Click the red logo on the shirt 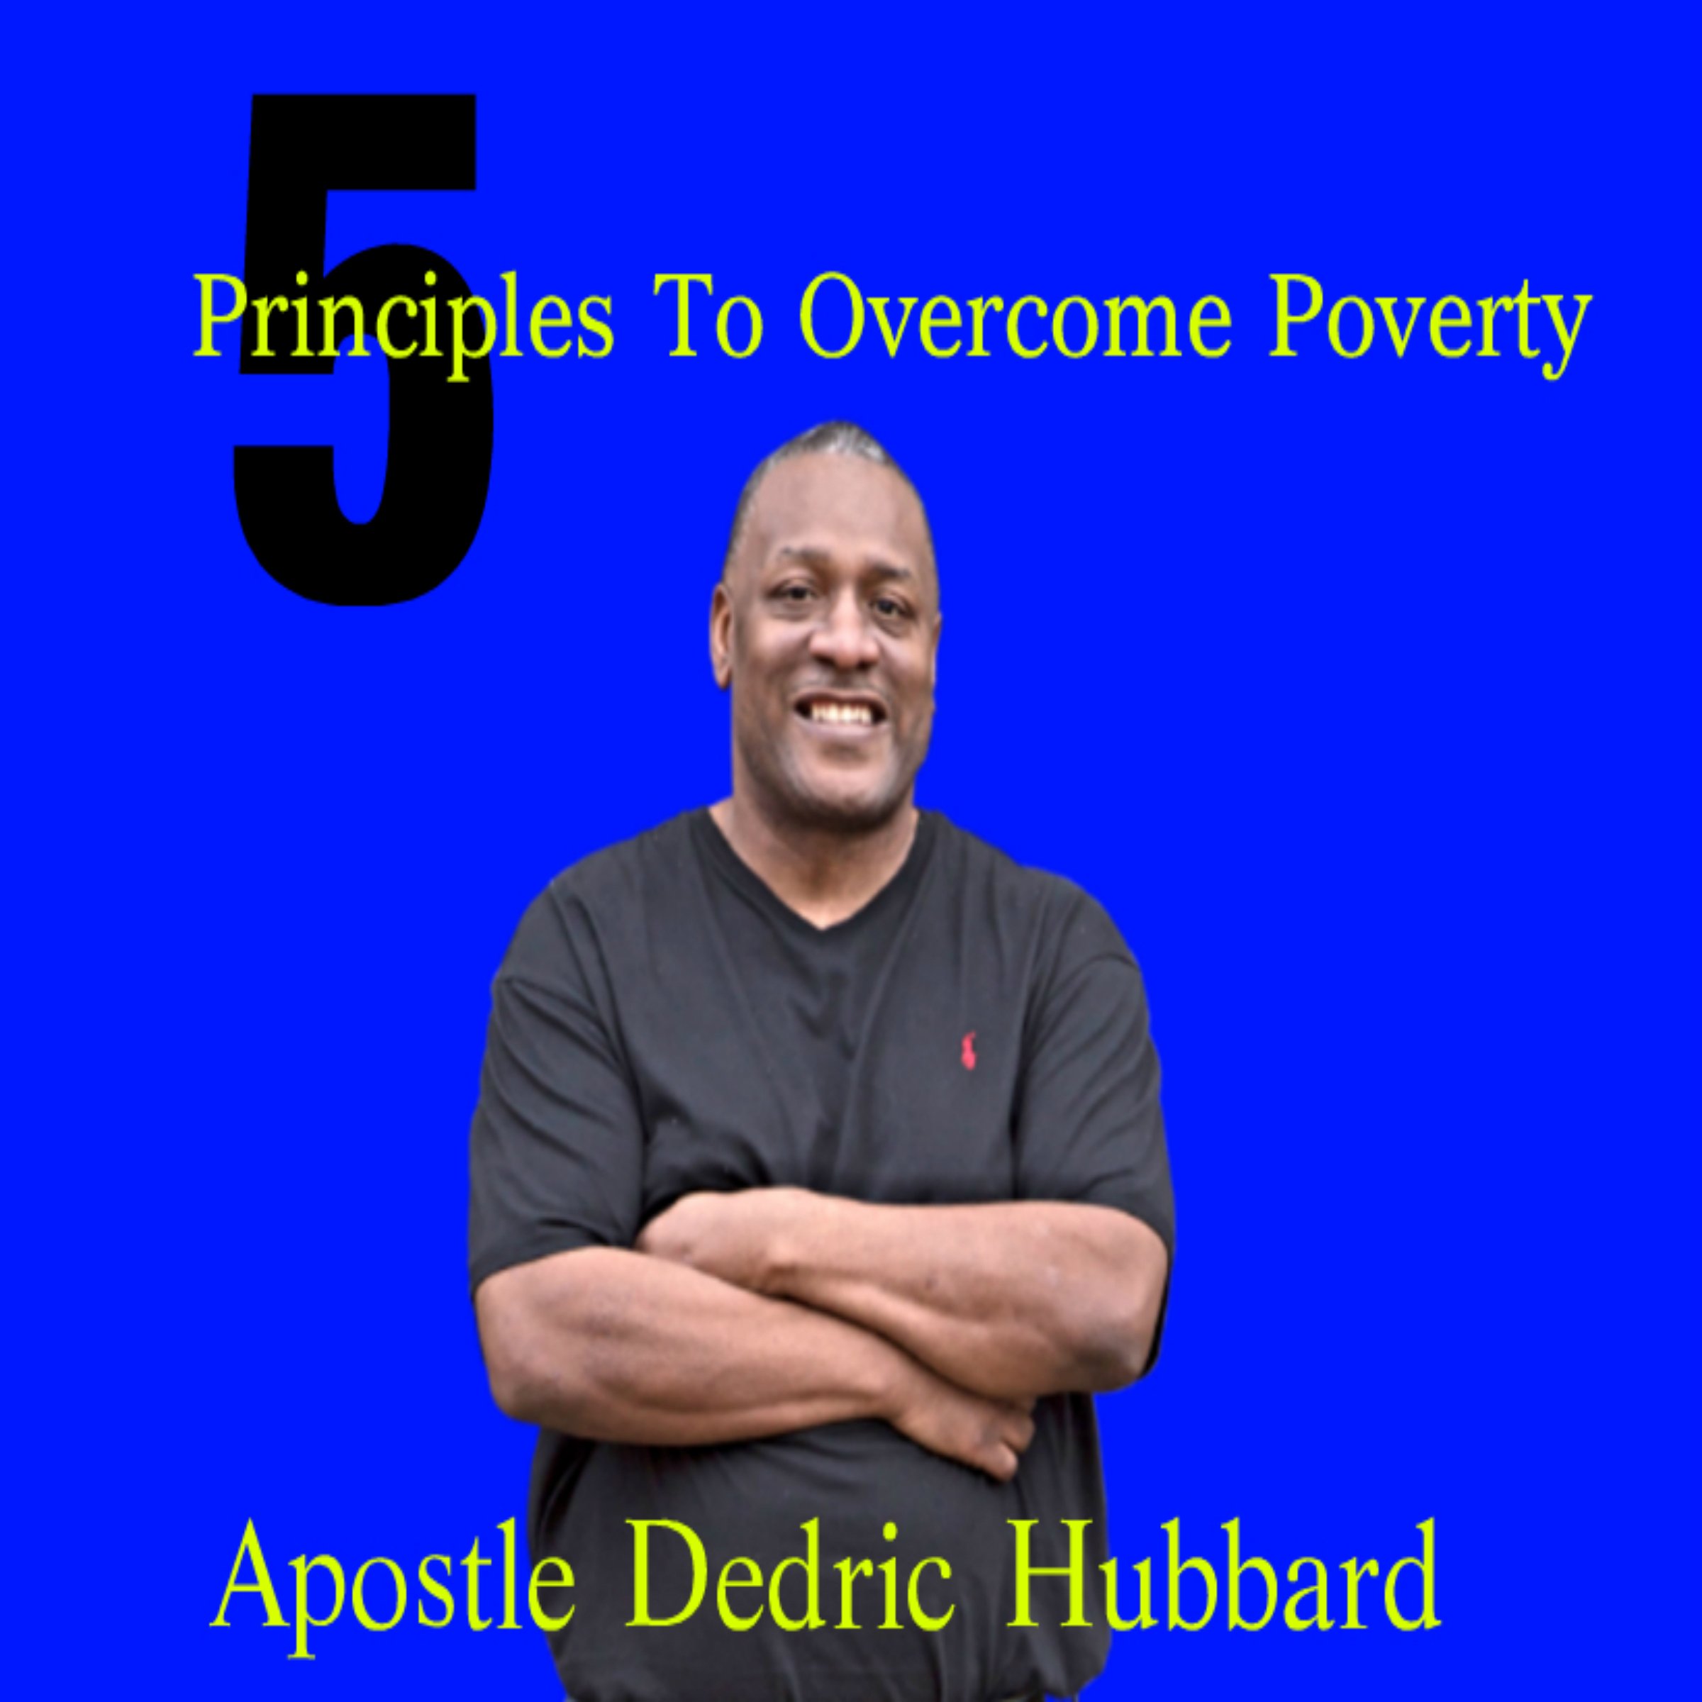(968, 1050)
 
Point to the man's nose (843, 647)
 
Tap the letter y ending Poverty (1568, 330)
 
